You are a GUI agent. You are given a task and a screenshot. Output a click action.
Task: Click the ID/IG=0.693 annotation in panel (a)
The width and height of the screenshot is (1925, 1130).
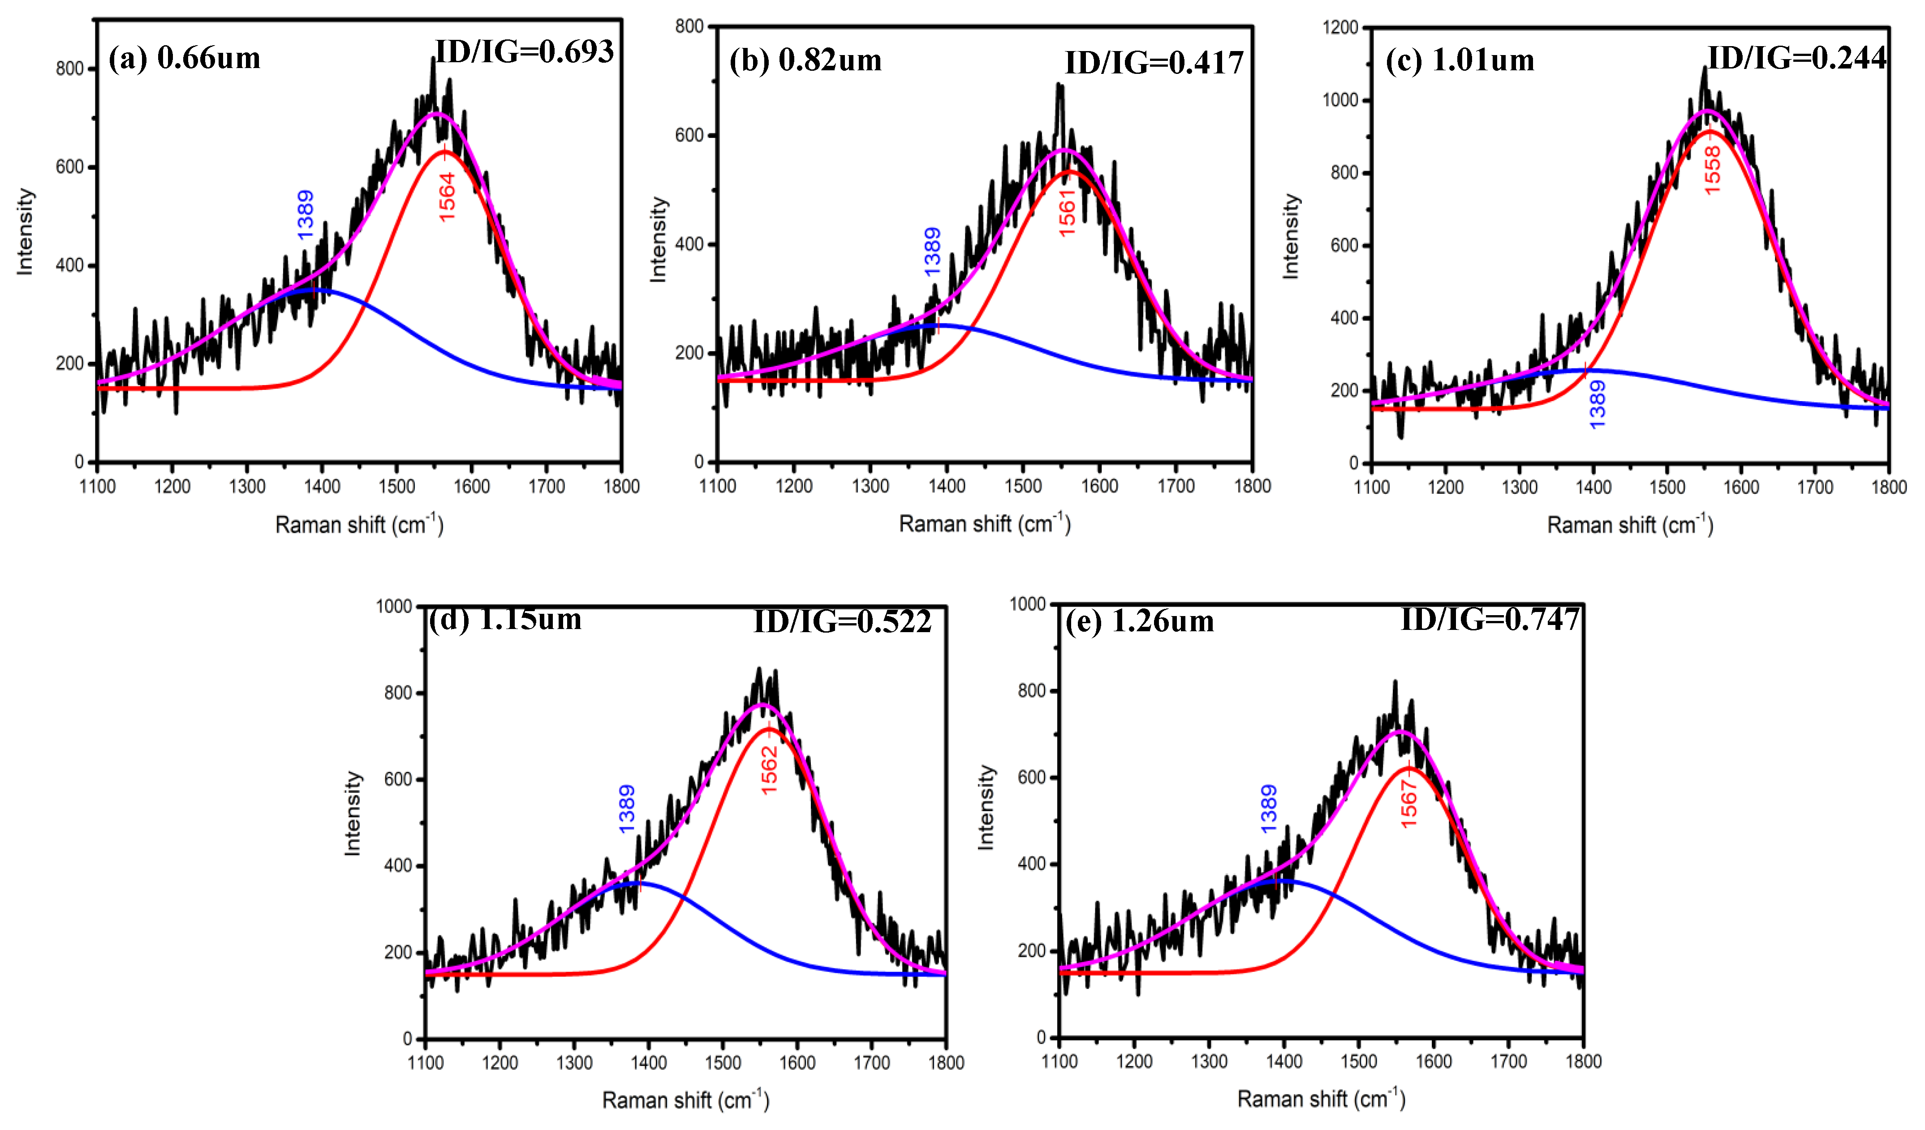tap(524, 52)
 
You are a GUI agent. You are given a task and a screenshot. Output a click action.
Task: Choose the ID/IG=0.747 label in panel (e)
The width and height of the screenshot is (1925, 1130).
tap(1490, 619)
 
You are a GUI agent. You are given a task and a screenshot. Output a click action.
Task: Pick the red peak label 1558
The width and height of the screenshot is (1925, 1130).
tap(1712, 170)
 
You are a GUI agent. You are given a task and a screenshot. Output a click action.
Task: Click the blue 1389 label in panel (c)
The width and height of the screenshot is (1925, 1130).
tap(1597, 405)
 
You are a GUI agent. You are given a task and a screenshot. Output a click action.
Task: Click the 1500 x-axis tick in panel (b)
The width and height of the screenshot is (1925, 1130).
tap(1023, 486)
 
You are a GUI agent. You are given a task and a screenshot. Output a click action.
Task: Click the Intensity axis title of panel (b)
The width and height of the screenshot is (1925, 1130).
tap(658, 240)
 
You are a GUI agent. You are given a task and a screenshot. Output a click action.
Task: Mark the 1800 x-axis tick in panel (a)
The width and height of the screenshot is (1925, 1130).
tap(621, 486)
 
